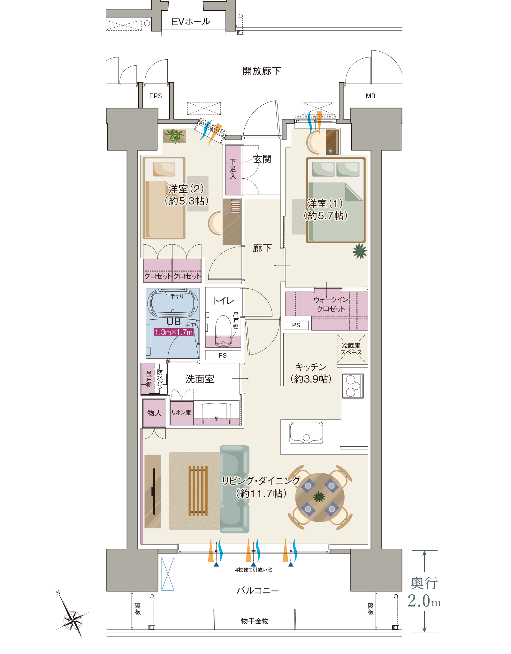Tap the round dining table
click(320, 497)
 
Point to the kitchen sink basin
click(306, 433)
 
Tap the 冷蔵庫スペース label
click(351, 349)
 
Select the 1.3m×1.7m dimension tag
click(174, 332)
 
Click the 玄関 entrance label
click(262, 159)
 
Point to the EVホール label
click(191, 22)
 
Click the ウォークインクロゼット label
click(331, 304)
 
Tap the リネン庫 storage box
click(181, 413)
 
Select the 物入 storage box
click(154, 413)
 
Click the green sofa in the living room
click(234, 489)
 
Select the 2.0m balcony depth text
click(424, 601)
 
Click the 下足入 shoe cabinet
click(233, 170)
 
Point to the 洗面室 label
click(200, 379)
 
